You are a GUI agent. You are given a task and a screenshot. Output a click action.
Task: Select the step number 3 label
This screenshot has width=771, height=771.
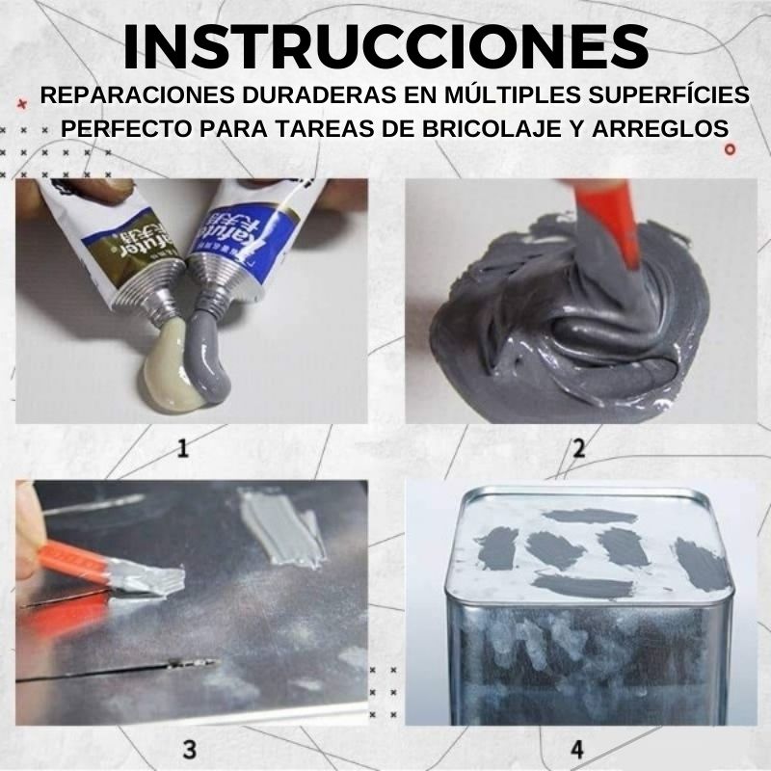point(189,748)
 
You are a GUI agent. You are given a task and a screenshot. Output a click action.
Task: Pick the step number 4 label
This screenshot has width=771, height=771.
point(578,748)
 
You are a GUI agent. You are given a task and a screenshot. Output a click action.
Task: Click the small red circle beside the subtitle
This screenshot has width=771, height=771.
point(730,149)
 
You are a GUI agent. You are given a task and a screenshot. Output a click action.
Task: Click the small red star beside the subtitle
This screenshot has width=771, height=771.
point(22,98)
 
